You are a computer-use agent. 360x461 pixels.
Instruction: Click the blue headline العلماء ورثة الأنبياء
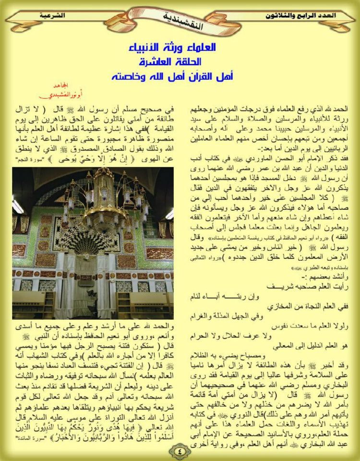click(x=180, y=48)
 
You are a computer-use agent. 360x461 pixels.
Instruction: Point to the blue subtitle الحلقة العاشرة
click(x=180, y=62)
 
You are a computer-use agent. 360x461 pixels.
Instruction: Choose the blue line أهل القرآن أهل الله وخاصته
click(x=180, y=76)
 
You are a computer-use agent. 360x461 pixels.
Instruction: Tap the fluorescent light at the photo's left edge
click(x=17, y=207)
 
